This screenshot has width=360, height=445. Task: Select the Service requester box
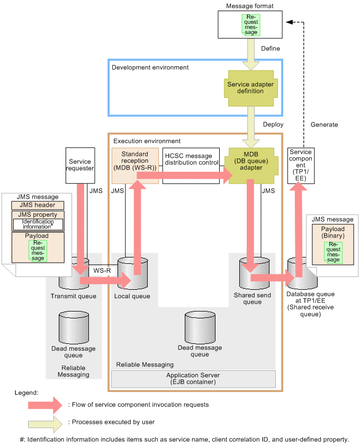coord(80,165)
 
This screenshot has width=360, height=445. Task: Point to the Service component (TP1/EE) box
coord(300,165)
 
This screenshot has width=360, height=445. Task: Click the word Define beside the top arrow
coord(271,49)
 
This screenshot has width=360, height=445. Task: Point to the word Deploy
coord(273,124)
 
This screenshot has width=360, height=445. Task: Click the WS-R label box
coord(101,270)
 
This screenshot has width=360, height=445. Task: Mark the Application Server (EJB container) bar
coord(193,379)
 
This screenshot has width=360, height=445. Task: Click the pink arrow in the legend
coord(45,405)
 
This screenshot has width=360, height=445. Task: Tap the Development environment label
coord(150,67)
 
